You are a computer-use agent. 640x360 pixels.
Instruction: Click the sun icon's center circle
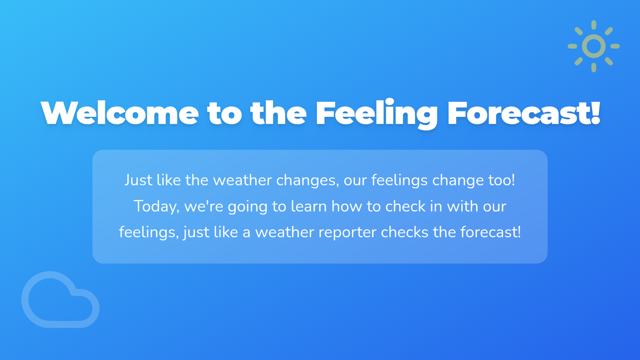pyautogui.click(x=594, y=46)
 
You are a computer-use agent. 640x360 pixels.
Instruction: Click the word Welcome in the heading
pyautogui.click(x=119, y=113)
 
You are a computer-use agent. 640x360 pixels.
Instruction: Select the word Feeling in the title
pyautogui.click(x=377, y=114)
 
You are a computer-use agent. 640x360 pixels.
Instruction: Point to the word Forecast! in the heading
pyautogui.click(x=523, y=113)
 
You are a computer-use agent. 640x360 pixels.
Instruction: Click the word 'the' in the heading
pyautogui.click(x=278, y=113)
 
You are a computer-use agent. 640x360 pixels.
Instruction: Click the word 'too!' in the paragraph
pyautogui.click(x=501, y=180)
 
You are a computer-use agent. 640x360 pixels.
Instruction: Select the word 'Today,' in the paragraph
pyautogui.click(x=157, y=207)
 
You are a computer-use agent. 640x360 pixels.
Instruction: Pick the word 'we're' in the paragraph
pyautogui.click(x=204, y=207)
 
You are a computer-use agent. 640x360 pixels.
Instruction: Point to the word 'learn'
pyautogui.click(x=309, y=206)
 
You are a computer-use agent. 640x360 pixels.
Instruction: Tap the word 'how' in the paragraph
pyautogui.click(x=347, y=206)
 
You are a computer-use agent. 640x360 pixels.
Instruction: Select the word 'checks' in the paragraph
pyautogui.click(x=405, y=232)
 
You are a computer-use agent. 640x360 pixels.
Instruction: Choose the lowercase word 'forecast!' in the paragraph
pyautogui.click(x=491, y=232)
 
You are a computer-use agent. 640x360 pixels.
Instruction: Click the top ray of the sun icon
pyautogui.click(x=594, y=25)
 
